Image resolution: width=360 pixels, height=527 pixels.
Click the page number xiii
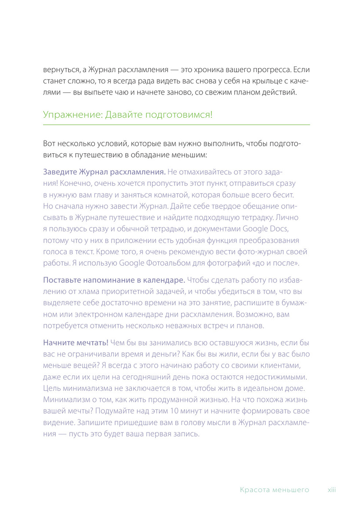[x=331, y=490]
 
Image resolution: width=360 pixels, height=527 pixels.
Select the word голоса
[x=55, y=252]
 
